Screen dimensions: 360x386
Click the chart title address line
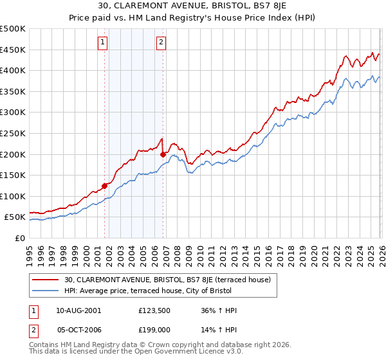click(x=192, y=6)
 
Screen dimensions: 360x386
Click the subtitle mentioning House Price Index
click(x=192, y=18)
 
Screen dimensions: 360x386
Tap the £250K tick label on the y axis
click(x=13, y=133)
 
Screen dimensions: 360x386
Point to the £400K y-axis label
click(x=13, y=71)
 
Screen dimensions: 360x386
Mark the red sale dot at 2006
click(x=163, y=155)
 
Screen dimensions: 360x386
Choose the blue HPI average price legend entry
click(x=168, y=291)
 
